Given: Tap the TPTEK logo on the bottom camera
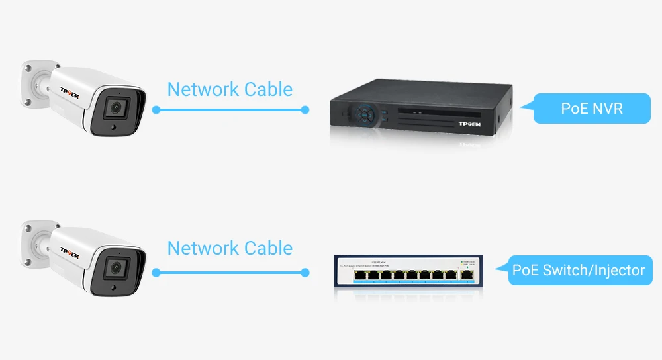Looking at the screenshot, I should [70, 251].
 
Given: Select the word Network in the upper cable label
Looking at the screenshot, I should [203, 89].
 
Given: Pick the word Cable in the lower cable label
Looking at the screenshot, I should [268, 248].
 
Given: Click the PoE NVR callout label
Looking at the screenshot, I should [591, 109].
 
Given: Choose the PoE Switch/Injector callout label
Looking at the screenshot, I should [579, 270].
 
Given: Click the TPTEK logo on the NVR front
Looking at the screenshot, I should [470, 124].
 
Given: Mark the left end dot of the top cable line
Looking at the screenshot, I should [156, 110].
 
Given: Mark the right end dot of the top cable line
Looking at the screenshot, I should [305, 110].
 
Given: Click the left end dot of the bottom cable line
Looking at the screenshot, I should [156, 272].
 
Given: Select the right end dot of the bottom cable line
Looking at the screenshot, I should [305, 272].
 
